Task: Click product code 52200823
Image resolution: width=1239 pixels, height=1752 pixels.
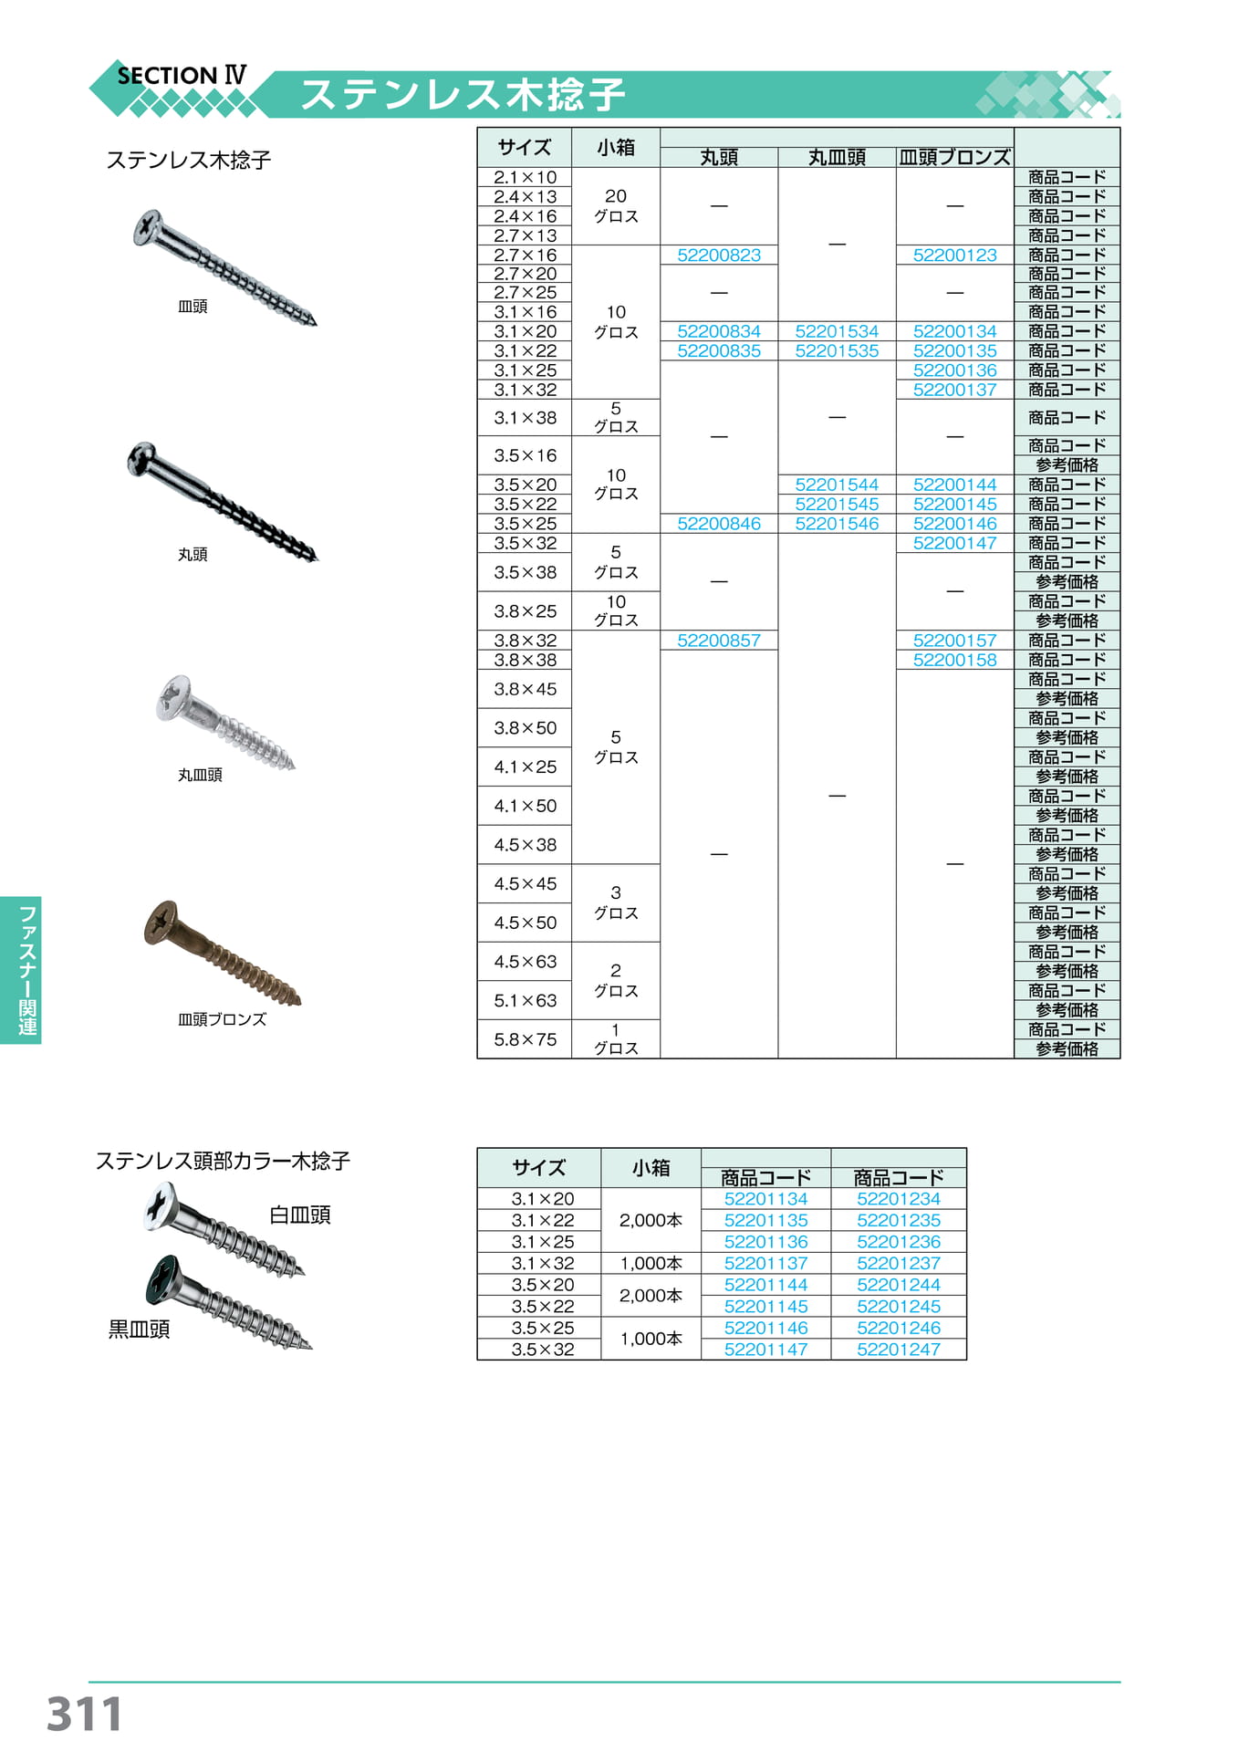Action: click(x=719, y=255)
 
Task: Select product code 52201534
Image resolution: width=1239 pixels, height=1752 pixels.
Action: click(x=837, y=331)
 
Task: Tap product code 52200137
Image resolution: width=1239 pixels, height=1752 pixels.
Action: click(x=954, y=390)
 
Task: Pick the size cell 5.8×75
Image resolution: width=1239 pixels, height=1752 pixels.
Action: click(x=525, y=1039)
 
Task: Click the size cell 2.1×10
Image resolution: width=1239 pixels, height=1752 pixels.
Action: click(x=525, y=177)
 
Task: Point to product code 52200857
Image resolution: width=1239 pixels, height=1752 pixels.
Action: click(x=719, y=641)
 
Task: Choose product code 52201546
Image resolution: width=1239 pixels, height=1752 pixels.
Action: click(x=837, y=524)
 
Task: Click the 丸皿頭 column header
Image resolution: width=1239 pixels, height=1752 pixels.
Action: click(x=837, y=157)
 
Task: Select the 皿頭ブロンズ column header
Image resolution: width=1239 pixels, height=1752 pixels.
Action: click(x=954, y=157)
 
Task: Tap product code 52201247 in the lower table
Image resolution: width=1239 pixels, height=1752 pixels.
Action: click(x=899, y=1350)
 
